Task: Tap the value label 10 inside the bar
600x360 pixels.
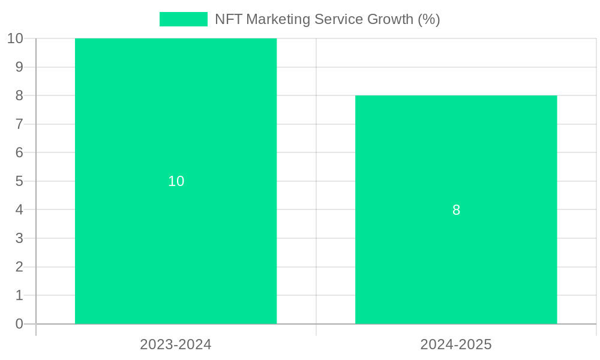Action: (176, 181)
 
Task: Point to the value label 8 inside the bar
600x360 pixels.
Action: (456, 210)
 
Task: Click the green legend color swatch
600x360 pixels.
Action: (183, 19)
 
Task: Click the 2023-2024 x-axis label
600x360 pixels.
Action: (176, 344)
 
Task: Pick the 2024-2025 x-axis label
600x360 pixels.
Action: (456, 344)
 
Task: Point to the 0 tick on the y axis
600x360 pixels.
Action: (19, 324)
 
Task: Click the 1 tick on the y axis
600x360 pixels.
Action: (19, 295)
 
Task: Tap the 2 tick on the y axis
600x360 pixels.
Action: (19, 267)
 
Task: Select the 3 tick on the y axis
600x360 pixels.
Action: (19, 238)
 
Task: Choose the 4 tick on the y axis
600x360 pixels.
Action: (19, 210)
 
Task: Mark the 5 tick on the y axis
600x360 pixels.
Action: (19, 181)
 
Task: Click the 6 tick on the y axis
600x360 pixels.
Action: (19, 152)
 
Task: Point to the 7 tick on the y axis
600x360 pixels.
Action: (19, 124)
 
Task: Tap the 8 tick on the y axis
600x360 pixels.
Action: (19, 95)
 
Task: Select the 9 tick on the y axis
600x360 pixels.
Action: (19, 67)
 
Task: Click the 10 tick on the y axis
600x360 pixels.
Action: (15, 38)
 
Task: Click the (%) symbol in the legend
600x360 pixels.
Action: (428, 19)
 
